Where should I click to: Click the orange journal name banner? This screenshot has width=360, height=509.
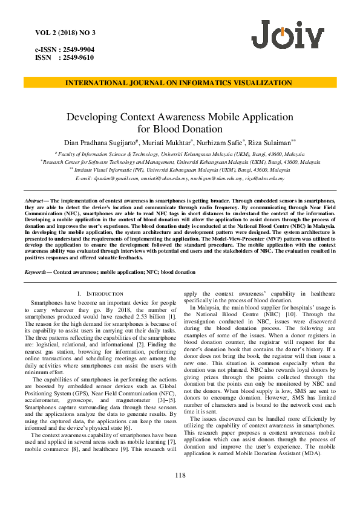[x=180, y=83]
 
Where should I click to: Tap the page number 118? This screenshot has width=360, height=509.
[x=180, y=475]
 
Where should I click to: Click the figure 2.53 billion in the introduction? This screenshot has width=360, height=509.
[x=145, y=316]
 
